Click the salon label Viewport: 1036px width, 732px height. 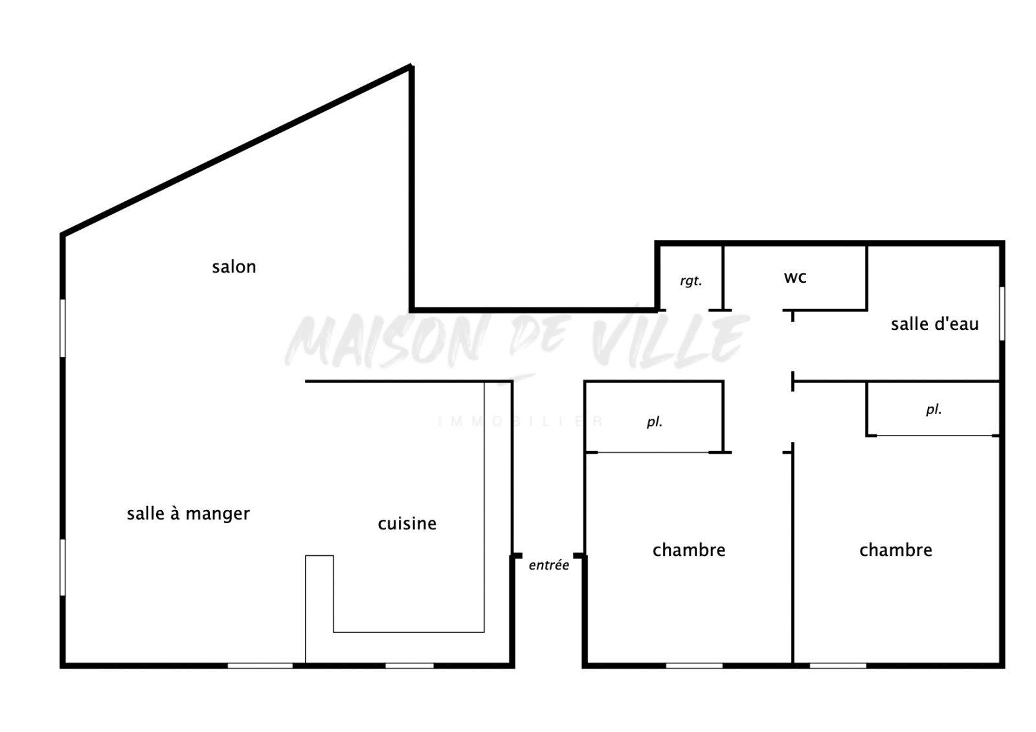coord(234,267)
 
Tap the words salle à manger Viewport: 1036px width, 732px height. coord(188,514)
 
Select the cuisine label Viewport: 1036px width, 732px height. coord(407,524)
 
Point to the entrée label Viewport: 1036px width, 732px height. coord(548,565)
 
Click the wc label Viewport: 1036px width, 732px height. coord(795,278)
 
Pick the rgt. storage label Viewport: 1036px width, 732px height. coord(691,281)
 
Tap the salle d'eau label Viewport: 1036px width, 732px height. coord(935,324)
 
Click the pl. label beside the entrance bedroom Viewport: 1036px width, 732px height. coord(655,422)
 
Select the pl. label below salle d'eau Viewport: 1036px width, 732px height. coord(934,410)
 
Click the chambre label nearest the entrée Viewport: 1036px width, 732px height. coord(689,550)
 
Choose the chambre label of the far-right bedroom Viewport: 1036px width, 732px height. coord(896,550)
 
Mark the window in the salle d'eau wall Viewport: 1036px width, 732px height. coord(1002,313)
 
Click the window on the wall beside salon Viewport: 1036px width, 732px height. coord(62,328)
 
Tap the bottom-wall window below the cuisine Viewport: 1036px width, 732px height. coord(409,666)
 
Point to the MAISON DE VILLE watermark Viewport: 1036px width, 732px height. coord(517,341)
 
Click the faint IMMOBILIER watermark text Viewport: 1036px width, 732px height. coord(521,421)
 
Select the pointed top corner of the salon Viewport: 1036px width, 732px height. coord(411,65)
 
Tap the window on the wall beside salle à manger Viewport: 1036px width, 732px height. coord(62,568)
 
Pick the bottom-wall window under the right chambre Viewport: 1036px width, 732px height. coord(838,666)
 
